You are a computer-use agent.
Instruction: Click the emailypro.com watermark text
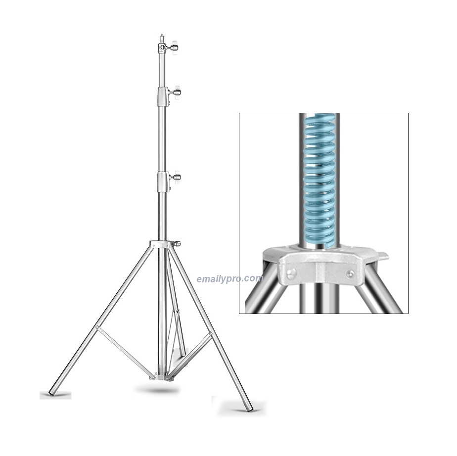(230, 279)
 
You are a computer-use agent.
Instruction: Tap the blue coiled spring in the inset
(320, 181)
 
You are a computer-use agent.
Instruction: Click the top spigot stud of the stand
(162, 39)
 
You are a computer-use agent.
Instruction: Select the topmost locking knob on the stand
(175, 46)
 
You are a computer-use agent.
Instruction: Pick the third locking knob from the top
(177, 177)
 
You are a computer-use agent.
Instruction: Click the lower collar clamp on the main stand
(163, 182)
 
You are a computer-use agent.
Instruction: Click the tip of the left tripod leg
(50, 393)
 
